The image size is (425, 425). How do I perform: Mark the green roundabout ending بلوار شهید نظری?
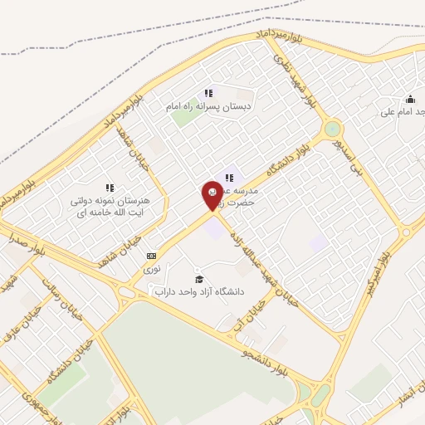click(x=332, y=129)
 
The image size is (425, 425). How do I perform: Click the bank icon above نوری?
click(x=151, y=256)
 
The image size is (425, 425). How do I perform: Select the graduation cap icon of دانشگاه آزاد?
click(x=198, y=277)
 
